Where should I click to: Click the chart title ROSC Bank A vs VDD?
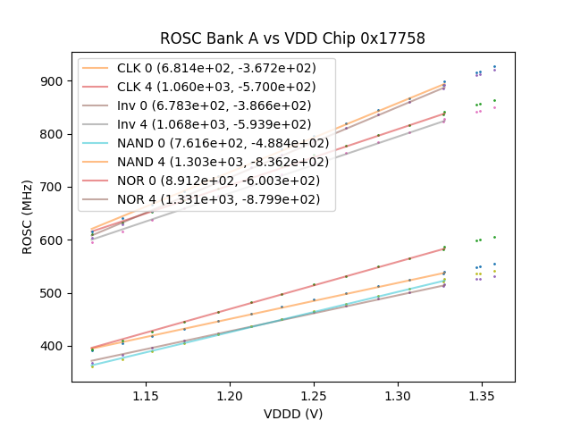point(292,38)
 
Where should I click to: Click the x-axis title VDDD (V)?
point(292,414)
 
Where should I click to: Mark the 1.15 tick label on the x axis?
point(147,394)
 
